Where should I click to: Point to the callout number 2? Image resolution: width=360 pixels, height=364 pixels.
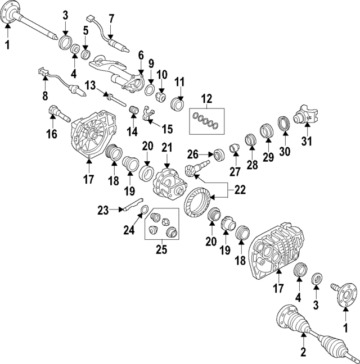pyautogui.click(x=303, y=352)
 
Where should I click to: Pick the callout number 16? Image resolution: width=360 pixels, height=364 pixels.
pyautogui.click(x=52, y=135)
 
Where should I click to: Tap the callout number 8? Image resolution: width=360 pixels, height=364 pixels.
pyautogui.click(x=45, y=95)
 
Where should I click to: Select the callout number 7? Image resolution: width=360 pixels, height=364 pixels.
pyautogui.click(x=111, y=19)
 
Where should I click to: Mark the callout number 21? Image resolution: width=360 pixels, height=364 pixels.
pyautogui.click(x=166, y=148)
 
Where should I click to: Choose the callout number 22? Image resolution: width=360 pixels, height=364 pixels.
pyautogui.click(x=240, y=190)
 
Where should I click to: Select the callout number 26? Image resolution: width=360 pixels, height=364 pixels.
pyautogui.click(x=193, y=153)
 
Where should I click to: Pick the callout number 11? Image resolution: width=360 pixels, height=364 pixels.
pyautogui.click(x=179, y=83)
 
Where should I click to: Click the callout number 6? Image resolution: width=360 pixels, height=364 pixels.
pyautogui.click(x=141, y=55)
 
